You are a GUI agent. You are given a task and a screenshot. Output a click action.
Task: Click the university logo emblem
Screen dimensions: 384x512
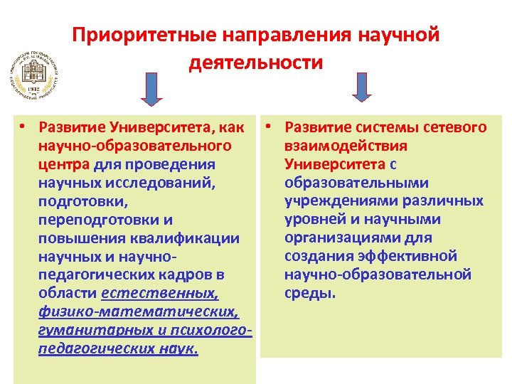(x=34, y=76)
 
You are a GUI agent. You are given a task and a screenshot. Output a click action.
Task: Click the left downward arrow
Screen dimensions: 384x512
(x=151, y=89)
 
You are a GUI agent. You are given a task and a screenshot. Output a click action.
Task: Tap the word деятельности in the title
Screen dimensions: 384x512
(x=256, y=63)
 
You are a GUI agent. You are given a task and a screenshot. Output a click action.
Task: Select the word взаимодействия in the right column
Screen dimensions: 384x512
(x=346, y=146)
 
